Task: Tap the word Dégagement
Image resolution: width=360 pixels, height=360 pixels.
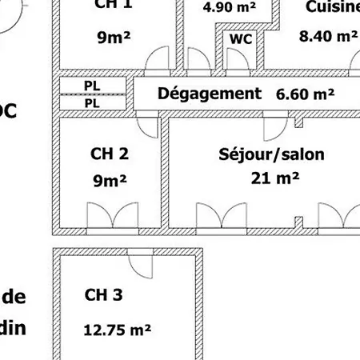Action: point(210,93)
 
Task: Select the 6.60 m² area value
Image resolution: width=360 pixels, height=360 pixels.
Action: point(305,94)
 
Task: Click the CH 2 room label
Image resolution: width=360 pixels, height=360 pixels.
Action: point(110,154)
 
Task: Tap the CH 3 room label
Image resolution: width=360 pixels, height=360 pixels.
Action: point(103,295)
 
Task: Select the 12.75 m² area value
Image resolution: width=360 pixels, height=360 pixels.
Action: point(118,328)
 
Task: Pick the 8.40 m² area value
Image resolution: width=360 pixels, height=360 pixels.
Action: point(328,35)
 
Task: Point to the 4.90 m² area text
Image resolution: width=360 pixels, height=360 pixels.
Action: point(228,7)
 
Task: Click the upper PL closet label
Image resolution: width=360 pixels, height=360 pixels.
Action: point(92,85)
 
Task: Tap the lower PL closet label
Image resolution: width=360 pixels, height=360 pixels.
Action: point(92,103)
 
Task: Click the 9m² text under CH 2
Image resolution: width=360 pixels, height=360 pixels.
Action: point(110,181)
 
